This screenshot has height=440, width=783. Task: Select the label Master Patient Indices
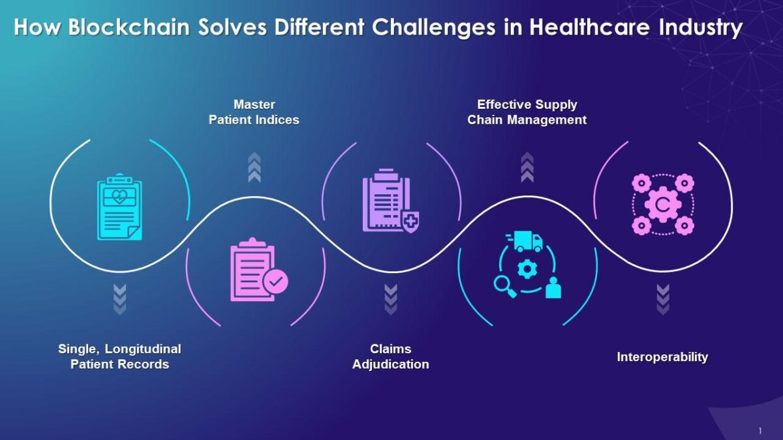[x=254, y=112]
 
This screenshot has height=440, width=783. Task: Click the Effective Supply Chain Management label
[x=527, y=112]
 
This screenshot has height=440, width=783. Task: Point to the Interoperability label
[x=662, y=357]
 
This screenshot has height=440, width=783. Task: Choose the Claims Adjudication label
[x=391, y=357]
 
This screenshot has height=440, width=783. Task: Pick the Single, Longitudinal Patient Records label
[x=119, y=357]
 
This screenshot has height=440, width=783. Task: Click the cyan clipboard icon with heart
[x=119, y=207]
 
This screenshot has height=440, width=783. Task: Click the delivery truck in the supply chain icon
[x=528, y=241]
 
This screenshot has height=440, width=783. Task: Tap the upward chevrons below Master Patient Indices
[x=254, y=168]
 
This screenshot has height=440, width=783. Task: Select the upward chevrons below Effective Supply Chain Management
[x=527, y=168]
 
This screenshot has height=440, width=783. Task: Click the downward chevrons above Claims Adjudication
[x=391, y=299]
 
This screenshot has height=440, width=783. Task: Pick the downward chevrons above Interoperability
[x=663, y=299]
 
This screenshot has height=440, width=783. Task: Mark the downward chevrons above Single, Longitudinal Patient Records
[x=119, y=299]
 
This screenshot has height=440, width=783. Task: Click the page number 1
[x=760, y=430]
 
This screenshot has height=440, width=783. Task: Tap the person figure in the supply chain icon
[x=553, y=287]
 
